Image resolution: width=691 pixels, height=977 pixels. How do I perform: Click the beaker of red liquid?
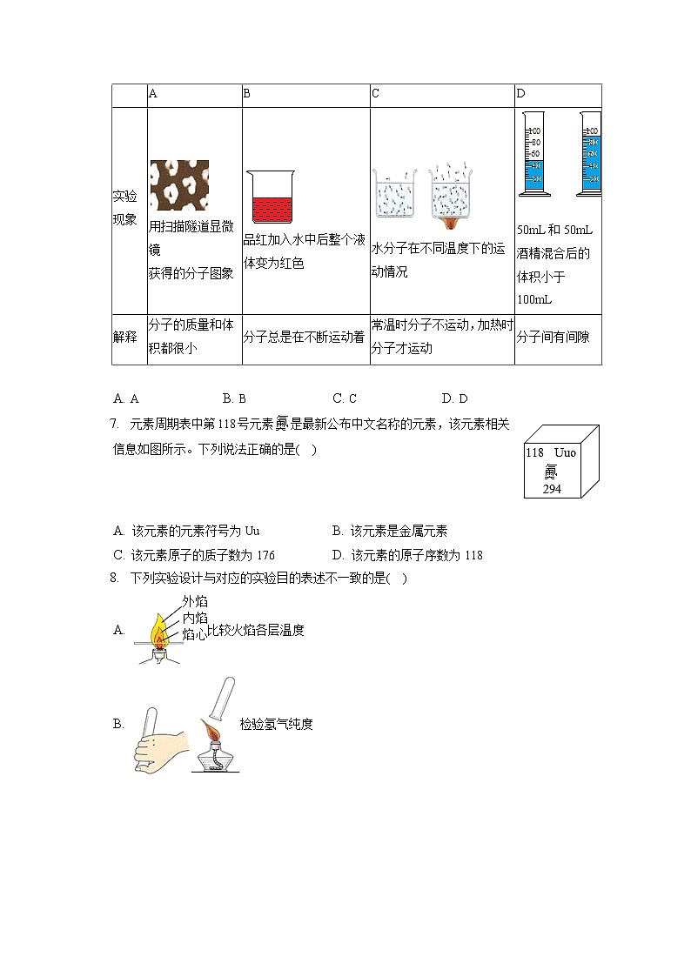[x=271, y=196]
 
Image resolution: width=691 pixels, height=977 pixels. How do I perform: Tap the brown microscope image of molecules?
[x=179, y=186]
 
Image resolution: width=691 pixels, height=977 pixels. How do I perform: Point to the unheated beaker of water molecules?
[x=395, y=193]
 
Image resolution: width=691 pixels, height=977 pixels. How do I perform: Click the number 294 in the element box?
[x=551, y=489]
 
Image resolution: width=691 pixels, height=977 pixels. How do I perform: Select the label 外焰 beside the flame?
[x=195, y=601]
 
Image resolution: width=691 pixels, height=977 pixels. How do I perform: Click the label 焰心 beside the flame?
[x=194, y=634]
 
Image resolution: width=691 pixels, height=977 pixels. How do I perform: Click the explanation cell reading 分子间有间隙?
[x=553, y=337]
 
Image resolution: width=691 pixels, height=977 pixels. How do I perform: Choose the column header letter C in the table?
[x=375, y=94]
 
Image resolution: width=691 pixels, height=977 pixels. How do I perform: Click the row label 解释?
[x=125, y=337]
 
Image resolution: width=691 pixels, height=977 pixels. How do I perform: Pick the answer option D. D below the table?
[x=454, y=398]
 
